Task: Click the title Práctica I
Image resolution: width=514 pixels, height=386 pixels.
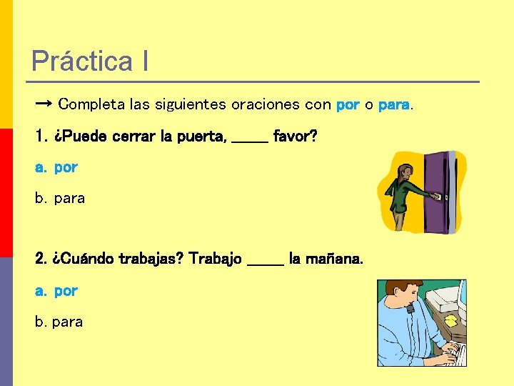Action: pos(90,61)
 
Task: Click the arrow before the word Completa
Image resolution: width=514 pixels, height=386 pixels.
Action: pos(42,104)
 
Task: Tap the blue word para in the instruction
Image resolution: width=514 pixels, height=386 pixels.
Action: pos(393,105)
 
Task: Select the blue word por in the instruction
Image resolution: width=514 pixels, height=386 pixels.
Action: pos(348,105)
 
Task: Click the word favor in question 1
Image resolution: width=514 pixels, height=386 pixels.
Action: pos(295,136)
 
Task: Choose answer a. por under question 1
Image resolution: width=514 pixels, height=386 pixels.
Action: pos(56,168)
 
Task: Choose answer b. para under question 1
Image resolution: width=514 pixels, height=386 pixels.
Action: pos(60,198)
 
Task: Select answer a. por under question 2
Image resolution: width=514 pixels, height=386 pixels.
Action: pos(56,291)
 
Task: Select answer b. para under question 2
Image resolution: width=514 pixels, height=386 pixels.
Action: pos(59,322)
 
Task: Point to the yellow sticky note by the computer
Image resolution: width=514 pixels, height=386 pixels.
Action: pos(451,321)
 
